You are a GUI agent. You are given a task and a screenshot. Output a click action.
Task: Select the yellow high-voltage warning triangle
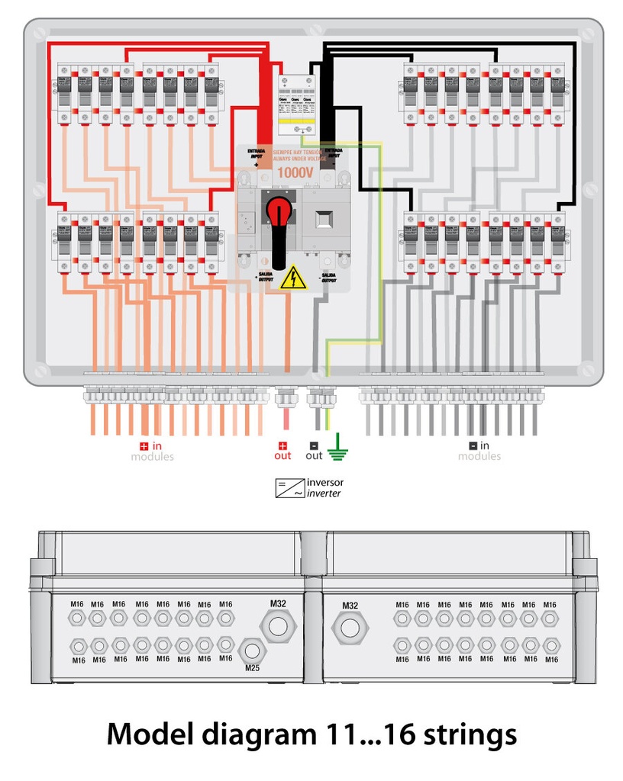[292, 279]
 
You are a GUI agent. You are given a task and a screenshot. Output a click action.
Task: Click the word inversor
[324, 482]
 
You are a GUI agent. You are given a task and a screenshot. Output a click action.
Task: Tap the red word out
[282, 456]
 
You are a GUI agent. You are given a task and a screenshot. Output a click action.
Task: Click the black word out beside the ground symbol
[314, 456]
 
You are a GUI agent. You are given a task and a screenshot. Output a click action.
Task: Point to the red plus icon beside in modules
[143, 445]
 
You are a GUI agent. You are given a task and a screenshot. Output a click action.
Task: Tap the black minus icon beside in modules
[473, 445]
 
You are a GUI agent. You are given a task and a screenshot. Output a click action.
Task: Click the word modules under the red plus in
[152, 457]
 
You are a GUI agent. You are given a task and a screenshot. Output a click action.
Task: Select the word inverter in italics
[324, 493]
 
